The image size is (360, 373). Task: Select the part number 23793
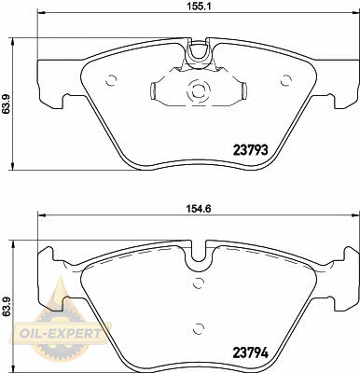pyautogui.click(x=251, y=150)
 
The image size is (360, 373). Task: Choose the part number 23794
pyautogui.click(x=251, y=352)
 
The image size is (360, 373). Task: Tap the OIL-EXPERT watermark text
pyautogui.click(x=60, y=334)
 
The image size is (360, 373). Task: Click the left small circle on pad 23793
pyautogui.click(x=111, y=80)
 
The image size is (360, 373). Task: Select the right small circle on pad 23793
pyautogui.click(x=285, y=80)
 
